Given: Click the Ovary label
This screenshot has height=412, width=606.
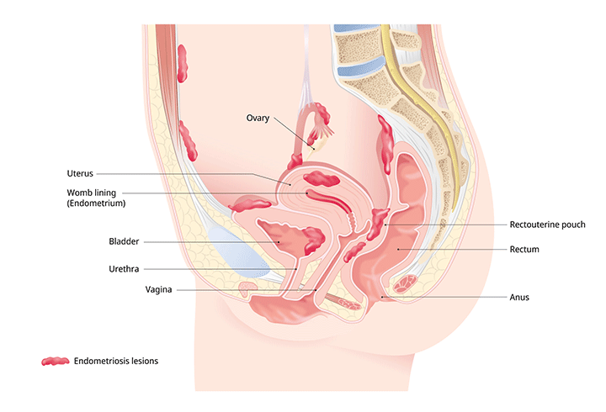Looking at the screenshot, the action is (x=258, y=118).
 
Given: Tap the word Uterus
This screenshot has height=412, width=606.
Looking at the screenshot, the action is (x=80, y=173).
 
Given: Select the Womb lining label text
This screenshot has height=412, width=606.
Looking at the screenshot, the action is (x=91, y=193).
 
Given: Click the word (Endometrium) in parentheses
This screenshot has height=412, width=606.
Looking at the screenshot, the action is (x=96, y=203).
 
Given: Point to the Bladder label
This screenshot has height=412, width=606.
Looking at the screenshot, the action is (x=124, y=241).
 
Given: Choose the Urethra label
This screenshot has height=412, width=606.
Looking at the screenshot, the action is (x=124, y=269).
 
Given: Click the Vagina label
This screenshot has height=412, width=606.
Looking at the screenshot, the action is (x=158, y=289).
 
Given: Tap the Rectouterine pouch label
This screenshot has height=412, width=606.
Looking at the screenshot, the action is (x=547, y=224).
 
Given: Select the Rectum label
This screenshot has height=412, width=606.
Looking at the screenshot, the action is (x=524, y=249).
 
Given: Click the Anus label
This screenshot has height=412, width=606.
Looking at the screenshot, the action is (x=519, y=297).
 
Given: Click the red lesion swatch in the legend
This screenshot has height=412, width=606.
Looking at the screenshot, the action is (x=56, y=361).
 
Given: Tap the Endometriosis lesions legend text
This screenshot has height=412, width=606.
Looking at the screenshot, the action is (x=116, y=361).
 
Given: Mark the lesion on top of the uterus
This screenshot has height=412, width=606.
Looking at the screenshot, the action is (x=322, y=178).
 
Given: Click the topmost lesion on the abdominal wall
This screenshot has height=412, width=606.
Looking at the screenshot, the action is (x=182, y=64).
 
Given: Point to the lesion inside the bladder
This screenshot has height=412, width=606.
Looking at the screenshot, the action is (x=313, y=240).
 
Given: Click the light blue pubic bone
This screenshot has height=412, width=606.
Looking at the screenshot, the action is (x=237, y=251).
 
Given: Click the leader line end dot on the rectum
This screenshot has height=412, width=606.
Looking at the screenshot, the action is (x=398, y=250).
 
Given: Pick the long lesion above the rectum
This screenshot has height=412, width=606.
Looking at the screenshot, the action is (x=385, y=145).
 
